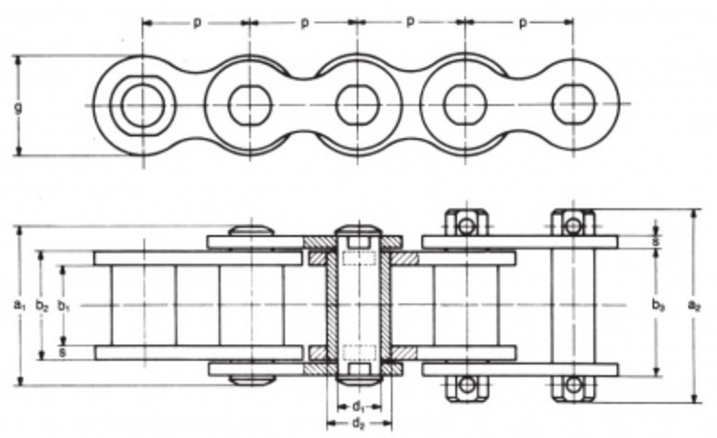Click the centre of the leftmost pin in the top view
(x=142, y=106)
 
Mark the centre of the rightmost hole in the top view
(x=574, y=104)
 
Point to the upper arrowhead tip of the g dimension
(x=19, y=56)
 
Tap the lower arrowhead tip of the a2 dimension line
(x=695, y=403)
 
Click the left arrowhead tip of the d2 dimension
(x=327, y=424)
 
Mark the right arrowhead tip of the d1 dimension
(x=381, y=406)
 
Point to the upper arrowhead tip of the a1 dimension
(x=19, y=227)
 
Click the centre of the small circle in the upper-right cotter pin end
(x=574, y=225)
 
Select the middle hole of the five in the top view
(x=358, y=105)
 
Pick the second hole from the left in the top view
(x=250, y=105)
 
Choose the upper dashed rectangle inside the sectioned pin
(x=359, y=258)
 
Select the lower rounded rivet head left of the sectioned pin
(x=252, y=380)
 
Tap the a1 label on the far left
(x=19, y=304)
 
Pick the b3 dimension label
(x=657, y=305)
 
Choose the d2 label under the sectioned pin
(x=359, y=424)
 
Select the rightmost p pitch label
(x=523, y=23)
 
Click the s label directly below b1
(x=62, y=353)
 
